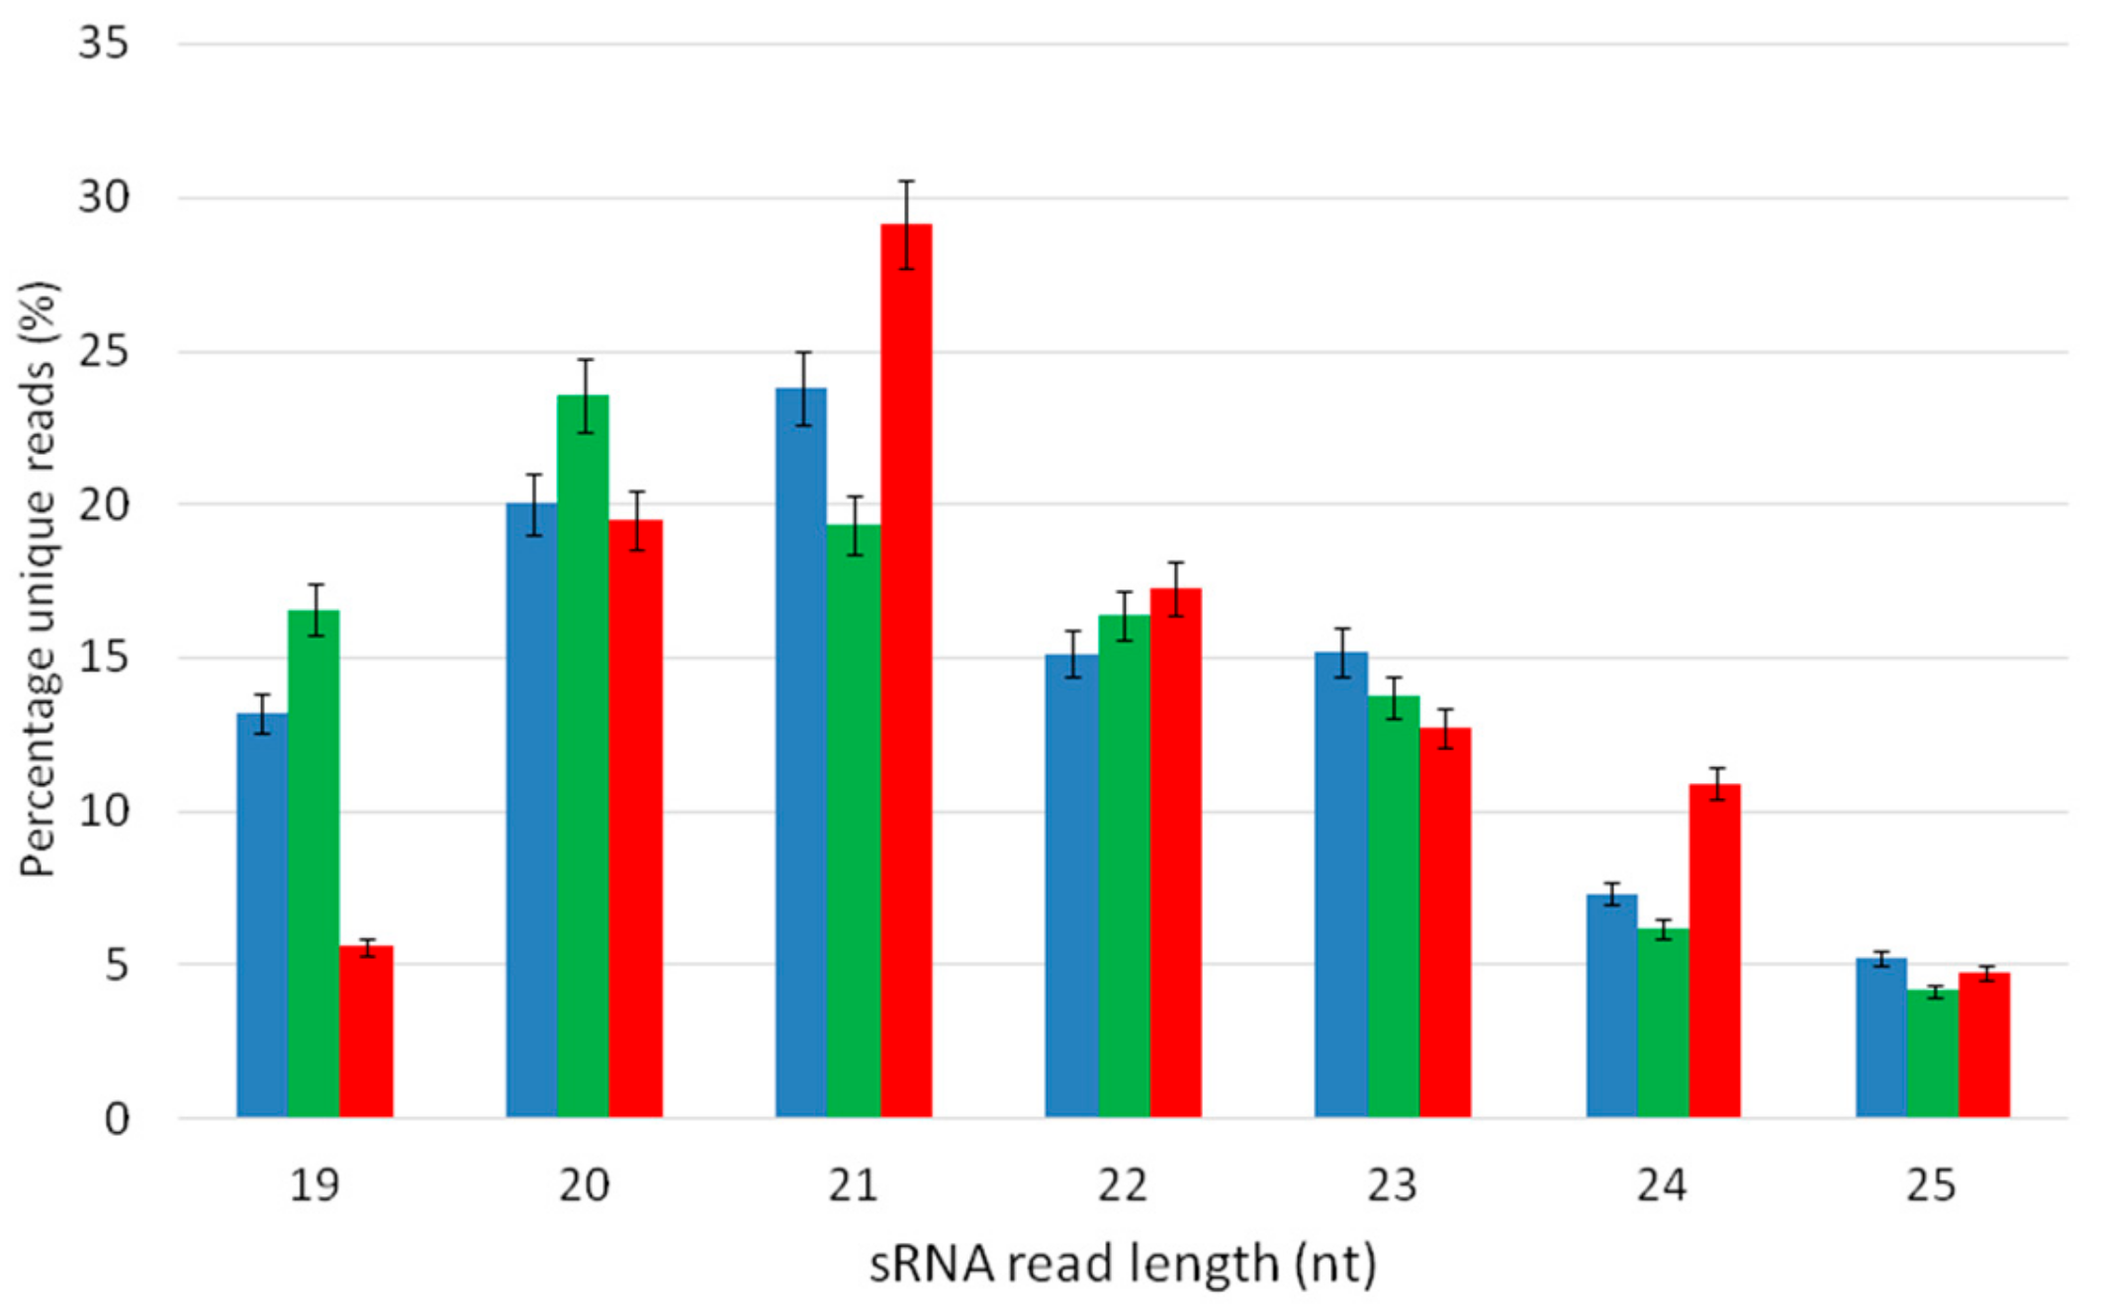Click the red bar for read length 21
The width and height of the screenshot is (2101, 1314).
point(906,672)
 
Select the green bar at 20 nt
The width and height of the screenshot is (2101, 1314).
point(583,756)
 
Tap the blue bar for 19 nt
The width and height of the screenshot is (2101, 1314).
point(261,915)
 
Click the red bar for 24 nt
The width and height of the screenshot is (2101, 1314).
point(1714,949)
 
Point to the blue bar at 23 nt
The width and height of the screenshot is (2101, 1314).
point(1340,885)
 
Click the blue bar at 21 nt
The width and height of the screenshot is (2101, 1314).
point(800,751)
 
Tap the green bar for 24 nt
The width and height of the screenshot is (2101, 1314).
point(1663,1022)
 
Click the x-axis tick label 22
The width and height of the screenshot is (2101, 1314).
point(1122,1184)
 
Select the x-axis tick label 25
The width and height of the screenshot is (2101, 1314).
point(1931,1184)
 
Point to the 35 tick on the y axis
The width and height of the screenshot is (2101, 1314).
point(103,44)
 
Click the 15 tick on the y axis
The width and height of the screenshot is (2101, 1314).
point(103,657)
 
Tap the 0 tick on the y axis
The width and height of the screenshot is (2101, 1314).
point(117,1119)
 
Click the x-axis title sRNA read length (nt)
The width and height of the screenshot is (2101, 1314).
point(1122,1265)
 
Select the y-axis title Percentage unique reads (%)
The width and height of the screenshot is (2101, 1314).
point(40,579)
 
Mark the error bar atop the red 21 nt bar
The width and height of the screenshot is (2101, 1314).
point(906,224)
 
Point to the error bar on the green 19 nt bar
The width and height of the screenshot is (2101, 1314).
point(315,610)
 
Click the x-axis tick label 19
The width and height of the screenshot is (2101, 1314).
point(314,1184)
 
